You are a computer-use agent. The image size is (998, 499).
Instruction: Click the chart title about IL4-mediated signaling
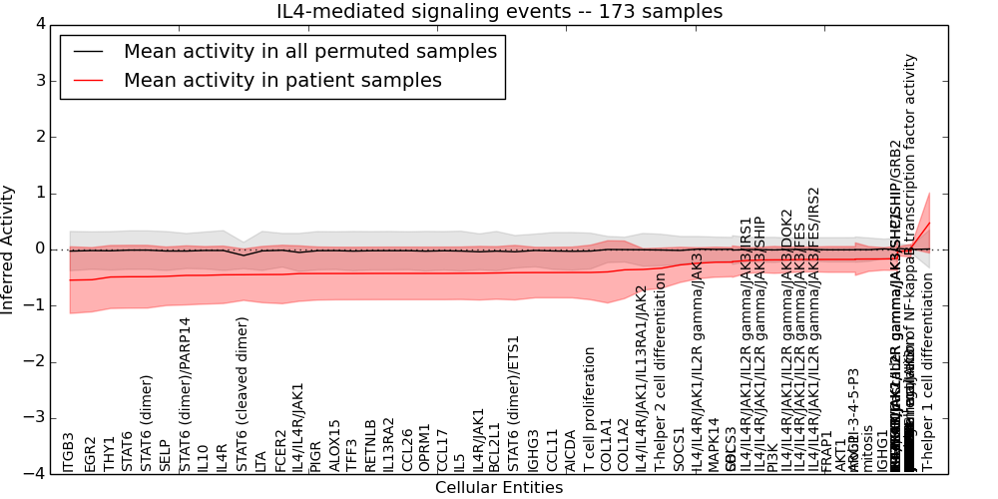pos(499,12)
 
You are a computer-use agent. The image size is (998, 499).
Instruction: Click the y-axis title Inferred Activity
pos(8,249)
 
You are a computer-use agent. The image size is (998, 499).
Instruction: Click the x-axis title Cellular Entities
pos(499,488)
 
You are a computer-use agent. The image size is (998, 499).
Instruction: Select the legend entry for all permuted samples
pos(309,52)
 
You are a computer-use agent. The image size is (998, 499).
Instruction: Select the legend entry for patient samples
pos(282,81)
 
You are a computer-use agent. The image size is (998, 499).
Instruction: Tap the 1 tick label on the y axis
pos(39,193)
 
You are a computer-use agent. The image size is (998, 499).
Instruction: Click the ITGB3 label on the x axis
pos(69,452)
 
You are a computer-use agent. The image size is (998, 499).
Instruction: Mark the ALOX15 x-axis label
pos(335,446)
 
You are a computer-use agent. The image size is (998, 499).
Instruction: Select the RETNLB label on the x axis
pos(370,446)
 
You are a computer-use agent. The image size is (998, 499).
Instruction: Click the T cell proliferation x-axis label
pos(590,409)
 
